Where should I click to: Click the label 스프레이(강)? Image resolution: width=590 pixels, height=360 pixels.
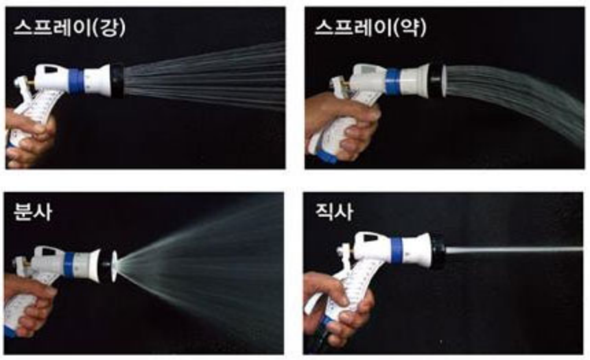[x=69, y=28]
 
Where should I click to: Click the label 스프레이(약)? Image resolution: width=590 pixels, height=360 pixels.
[x=370, y=28]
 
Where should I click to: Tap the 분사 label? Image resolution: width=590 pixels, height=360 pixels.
[x=32, y=211]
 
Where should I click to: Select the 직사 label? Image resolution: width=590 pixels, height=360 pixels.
[x=334, y=211]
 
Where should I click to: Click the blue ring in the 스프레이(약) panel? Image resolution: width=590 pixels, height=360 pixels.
[x=392, y=82]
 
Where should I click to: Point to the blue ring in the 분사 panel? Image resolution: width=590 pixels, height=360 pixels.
[x=69, y=265]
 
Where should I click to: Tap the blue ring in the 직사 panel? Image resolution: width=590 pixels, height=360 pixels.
[x=397, y=250]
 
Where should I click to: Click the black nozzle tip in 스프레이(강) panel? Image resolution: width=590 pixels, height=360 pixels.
[x=117, y=81]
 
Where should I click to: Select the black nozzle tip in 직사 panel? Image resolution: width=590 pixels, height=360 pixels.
[x=437, y=251]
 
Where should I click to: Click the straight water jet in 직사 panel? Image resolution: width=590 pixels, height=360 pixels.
[x=514, y=250]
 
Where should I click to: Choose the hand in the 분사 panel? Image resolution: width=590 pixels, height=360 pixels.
[x=28, y=304]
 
